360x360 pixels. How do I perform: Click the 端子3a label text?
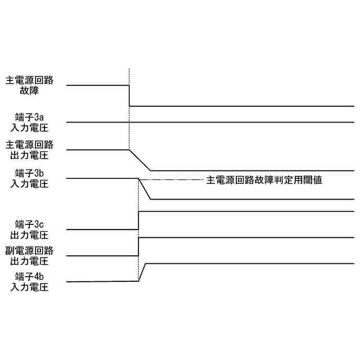pyautogui.click(x=29, y=118)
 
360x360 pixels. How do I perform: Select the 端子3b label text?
pyautogui.click(x=29, y=173)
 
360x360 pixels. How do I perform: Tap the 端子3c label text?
pyautogui.click(x=29, y=224)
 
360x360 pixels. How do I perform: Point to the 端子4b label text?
pyautogui.click(x=29, y=277)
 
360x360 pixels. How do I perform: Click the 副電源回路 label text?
pyautogui.click(x=29, y=251)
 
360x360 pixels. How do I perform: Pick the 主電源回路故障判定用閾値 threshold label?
pyautogui.click(x=264, y=180)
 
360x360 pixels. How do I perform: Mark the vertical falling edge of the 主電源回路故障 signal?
pyautogui.click(x=129, y=96)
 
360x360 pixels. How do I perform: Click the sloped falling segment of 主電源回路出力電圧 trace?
pyautogui.click(x=140, y=160)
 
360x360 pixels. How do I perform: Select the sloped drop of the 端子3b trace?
pyautogui.click(x=145, y=190)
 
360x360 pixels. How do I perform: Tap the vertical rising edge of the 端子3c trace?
pyautogui.click(x=138, y=220)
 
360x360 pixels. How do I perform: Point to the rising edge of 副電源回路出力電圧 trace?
pyautogui.click(x=138, y=247)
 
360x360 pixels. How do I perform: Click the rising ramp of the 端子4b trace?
pyautogui.click(x=142, y=272)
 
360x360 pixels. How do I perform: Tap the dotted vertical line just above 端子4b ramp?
pyautogui.click(x=138, y=264)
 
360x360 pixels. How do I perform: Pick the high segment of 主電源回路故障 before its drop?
pyautogui.click(x=98, y=85)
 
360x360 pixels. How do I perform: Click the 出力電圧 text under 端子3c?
pyautogui.click(x=29, y=235)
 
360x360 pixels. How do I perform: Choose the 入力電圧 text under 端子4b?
pyautogui.click(x=29, y=287)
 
